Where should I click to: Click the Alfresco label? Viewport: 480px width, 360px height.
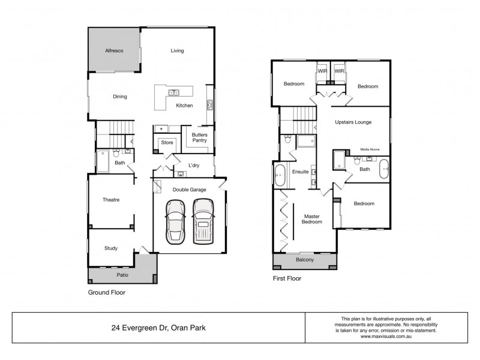(x=114, y=51)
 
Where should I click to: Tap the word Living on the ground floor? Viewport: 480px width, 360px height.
(x=177, y=51)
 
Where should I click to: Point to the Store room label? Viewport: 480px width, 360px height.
(x=167, y=143)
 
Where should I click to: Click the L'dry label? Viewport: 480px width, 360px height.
(x=194, y=166)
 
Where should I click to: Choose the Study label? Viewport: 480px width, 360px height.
(x=110, y=248)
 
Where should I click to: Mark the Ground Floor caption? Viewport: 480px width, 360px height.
(x=106, y=293)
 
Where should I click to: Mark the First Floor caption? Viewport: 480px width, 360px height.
(x=287, y=278)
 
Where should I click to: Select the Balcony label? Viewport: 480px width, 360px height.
(x=304, y=260)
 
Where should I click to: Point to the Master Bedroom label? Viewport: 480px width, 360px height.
(x=313, y=219)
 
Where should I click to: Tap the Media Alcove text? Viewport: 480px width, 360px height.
(x=370, y=149)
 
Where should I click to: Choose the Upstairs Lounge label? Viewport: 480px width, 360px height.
(x=353, y=122)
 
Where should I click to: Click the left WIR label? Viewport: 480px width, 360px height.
(x=322, y=71)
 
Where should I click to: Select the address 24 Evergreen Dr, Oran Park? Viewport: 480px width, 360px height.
(x=159, y=328)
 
